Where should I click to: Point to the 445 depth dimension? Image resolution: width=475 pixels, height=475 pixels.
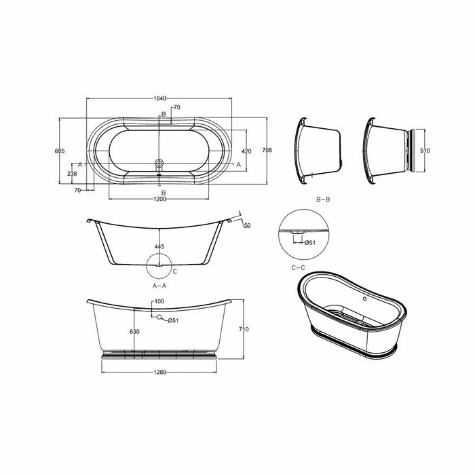159,247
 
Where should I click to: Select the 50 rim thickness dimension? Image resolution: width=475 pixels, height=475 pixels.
246,225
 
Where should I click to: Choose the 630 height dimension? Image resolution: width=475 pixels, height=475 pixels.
136,332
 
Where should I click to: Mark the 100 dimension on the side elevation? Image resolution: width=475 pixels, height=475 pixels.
159,301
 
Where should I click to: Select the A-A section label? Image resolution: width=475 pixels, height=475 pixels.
159,286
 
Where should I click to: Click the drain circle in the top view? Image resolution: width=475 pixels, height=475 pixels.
159,163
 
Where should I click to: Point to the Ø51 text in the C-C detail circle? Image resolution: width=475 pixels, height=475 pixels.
309,242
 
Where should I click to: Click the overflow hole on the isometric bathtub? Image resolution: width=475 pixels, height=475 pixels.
363,296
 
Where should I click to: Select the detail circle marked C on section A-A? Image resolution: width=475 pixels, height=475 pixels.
159,266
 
